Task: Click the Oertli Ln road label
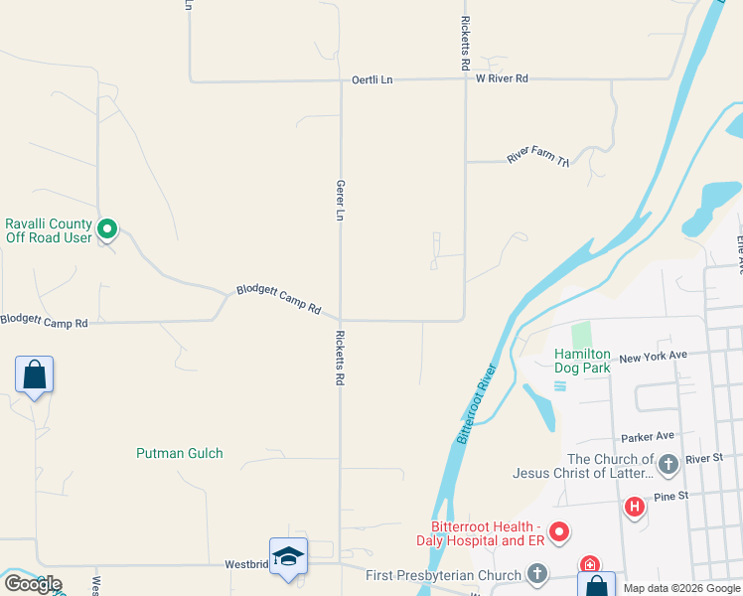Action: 372,80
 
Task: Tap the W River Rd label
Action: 502,78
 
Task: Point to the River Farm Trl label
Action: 537,157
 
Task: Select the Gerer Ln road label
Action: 340,201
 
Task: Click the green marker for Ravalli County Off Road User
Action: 108,230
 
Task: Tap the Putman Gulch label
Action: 180,453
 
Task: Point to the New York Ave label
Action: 653,356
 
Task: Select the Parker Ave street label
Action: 648,436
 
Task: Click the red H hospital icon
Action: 634,508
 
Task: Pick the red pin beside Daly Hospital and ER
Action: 559,532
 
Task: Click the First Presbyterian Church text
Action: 443,575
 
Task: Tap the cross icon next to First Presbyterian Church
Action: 536,573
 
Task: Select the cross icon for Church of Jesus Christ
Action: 668,463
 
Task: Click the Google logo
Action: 33,584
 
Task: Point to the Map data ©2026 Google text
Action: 680,588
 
